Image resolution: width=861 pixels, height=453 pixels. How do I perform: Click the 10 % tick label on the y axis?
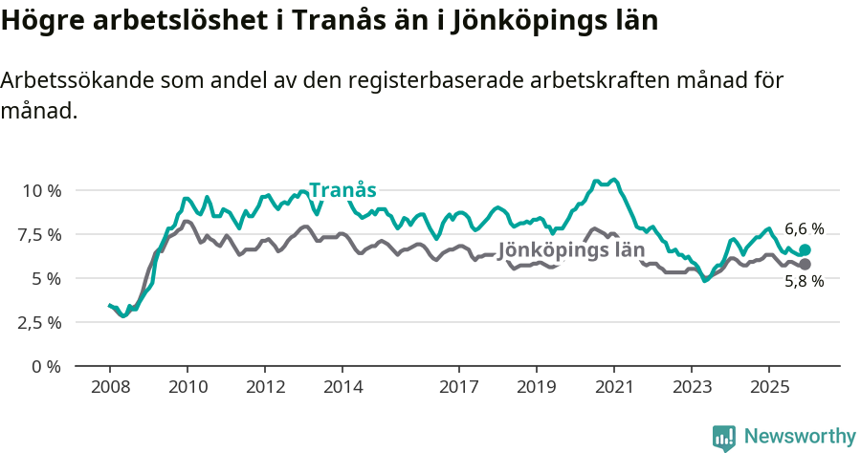[x=41, y=190]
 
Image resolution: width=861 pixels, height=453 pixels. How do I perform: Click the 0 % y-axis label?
[x=46, y=366]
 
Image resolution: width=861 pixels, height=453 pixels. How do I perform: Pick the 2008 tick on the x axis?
[x=110, y=388]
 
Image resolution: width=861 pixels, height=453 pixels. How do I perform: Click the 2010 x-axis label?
[x=188, y=388]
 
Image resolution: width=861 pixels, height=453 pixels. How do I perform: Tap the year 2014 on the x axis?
[x=342, y=388]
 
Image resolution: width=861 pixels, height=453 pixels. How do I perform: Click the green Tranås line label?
[x=342, y=189]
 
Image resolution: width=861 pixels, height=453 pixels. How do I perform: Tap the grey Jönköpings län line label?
[x=571, y=249]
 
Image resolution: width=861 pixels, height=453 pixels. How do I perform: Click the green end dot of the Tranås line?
[x=805, y=249]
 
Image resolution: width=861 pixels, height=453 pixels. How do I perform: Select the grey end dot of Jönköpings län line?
[x=805, y=264]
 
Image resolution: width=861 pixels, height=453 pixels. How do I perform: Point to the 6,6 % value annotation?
[x=804, y=228]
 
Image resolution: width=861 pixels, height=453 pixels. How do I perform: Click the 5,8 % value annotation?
[x=804, y=282]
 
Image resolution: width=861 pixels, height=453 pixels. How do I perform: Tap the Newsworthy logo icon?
[x=724, y=437]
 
